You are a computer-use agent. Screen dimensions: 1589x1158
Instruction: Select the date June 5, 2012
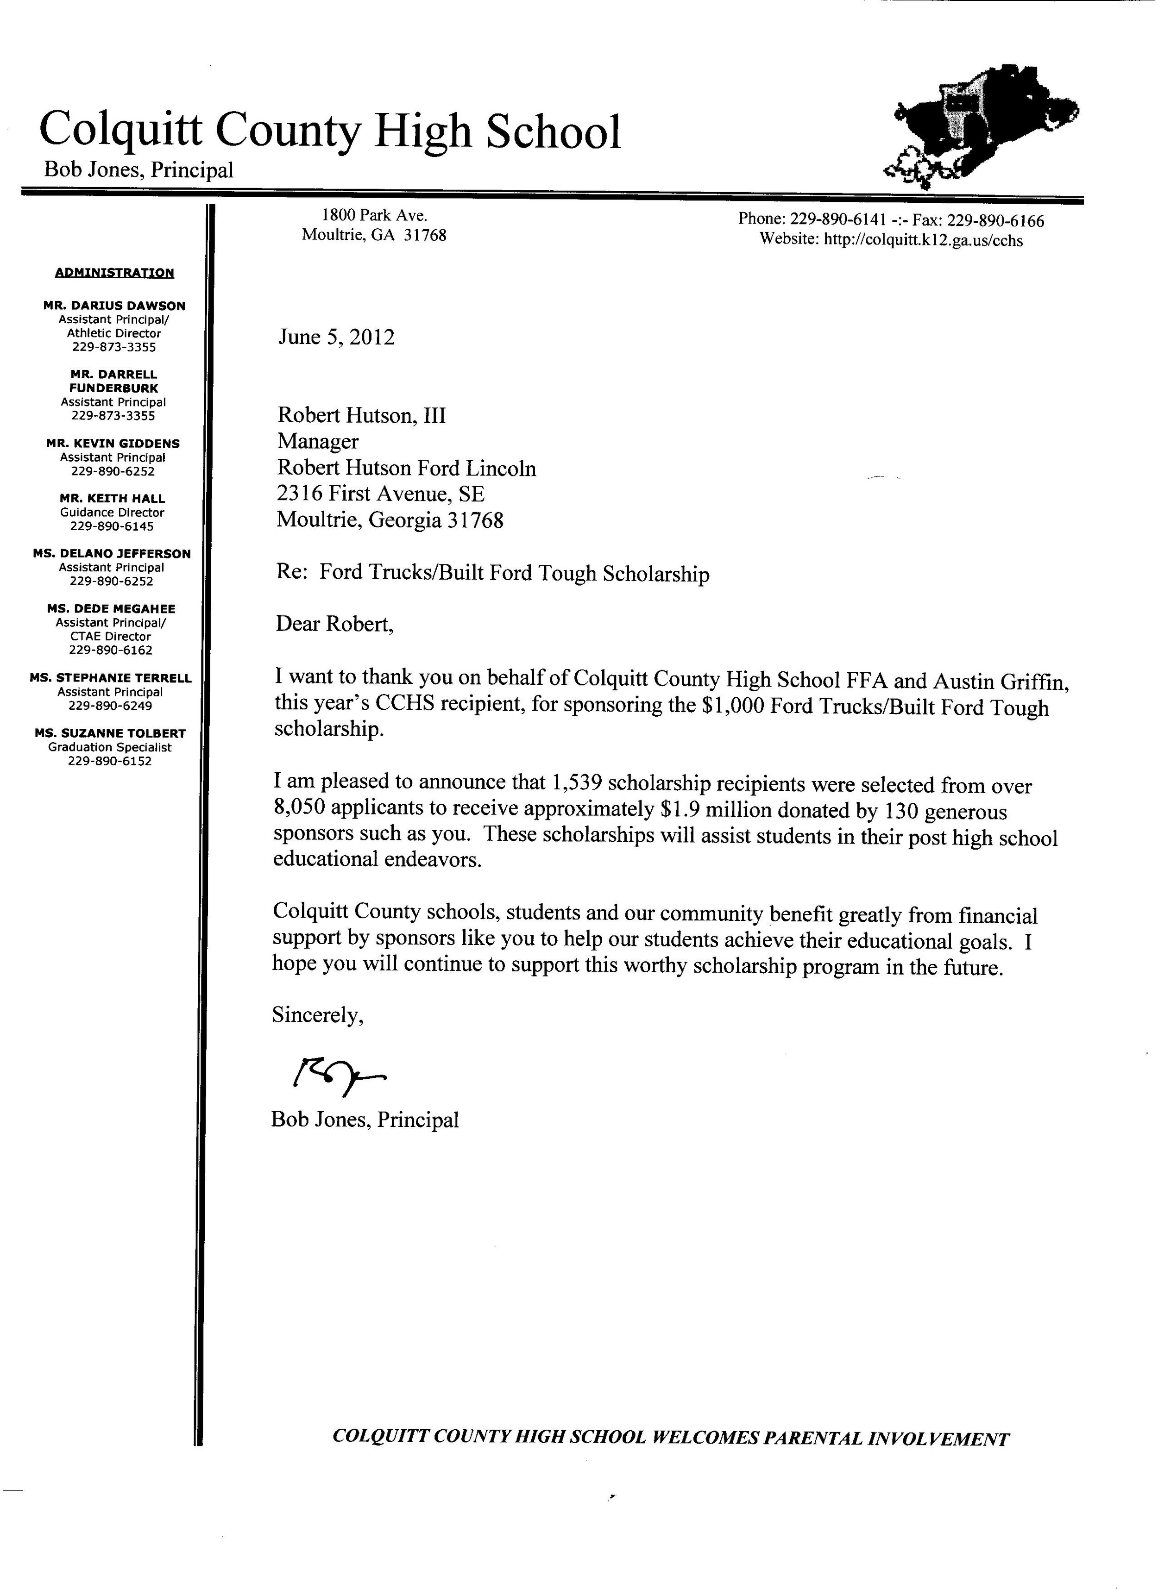click(336, 338)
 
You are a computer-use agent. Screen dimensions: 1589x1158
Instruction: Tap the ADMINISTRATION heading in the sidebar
click(114, 273)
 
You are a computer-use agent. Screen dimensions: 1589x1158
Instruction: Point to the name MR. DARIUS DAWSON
click(114, 306)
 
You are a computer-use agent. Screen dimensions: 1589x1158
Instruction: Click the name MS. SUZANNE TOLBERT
click(110, 733)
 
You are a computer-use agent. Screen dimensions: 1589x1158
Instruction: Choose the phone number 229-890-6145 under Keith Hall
click(112, 526)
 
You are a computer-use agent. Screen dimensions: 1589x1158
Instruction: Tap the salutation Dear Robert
click(334, 624)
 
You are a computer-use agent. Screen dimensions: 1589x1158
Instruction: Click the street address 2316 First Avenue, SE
click(381, 494)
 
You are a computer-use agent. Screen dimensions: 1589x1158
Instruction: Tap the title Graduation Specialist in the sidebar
click(110, 748)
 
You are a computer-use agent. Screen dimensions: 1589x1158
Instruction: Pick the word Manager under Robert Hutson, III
click(318, 441)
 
